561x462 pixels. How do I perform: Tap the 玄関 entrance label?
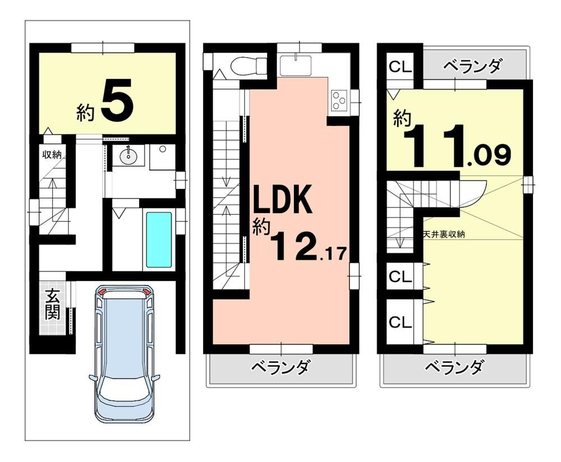click(53, 304)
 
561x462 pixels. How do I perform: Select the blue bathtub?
click(159, 239)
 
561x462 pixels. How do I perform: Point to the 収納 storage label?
click(52, 155)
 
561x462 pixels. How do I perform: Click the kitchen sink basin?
click(296, 65)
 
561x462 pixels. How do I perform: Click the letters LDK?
click(283, 200)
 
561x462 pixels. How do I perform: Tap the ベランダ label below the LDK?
click(280, 367)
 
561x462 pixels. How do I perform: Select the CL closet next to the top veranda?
click(401, 67)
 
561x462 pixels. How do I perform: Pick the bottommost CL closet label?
click(401, 322)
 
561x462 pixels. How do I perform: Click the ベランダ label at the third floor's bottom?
click(454, 367)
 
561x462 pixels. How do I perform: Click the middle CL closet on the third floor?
click(401, 276)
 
